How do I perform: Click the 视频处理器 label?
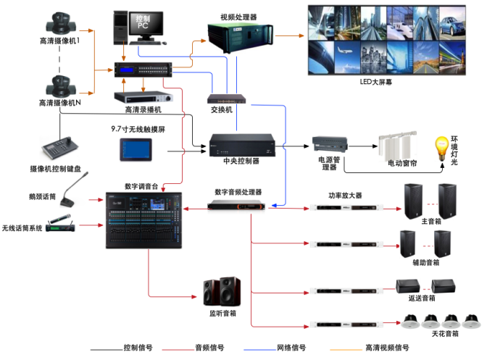pyautogui.click(x=238, y=15)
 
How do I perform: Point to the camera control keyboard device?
pyautogui.click(x=59, y=149)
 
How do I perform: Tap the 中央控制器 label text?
pyautogui.click(x=241, y=161)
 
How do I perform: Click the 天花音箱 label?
pyautogui.click(x=442, y=333)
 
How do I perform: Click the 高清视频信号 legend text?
pyautogui.click(x=387, y=347)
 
